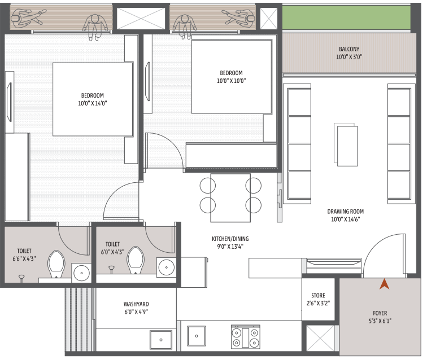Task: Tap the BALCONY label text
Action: click(x=348, y=49)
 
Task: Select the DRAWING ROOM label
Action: click(x=344, y=212)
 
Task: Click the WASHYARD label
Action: click(x=136, y=304)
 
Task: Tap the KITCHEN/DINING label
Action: click(x=229, y=239)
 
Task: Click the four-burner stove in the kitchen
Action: click(x=245, y=337)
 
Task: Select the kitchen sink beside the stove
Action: click(x=197, y=337)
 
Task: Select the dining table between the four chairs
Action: click(x=230, y=197)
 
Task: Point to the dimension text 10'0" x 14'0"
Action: click(x=93, y=103)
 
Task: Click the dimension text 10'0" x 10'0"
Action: click(x=231, y=81)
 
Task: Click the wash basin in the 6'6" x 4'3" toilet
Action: click(x=81, y=273)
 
